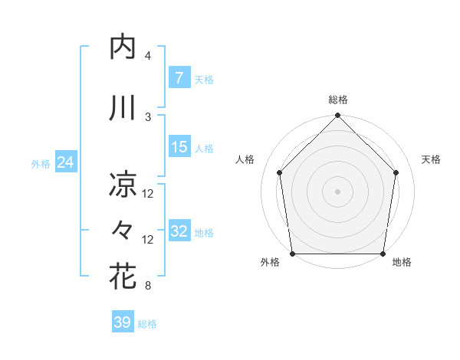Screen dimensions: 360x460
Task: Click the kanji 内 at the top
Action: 123,47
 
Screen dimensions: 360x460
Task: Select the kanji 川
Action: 123,108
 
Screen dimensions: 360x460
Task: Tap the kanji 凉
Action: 123,185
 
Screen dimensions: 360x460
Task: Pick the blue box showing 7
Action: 179,77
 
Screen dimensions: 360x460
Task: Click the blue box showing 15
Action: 179,148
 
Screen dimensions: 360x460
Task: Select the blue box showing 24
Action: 66,162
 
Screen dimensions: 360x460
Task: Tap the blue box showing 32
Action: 179,232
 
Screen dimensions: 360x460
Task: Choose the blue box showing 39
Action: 122,322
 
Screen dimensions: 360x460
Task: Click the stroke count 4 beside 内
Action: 148,56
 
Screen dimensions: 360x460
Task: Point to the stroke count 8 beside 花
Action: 148,286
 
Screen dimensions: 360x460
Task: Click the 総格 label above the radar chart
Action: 338,100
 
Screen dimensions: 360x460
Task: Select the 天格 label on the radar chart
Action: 432,159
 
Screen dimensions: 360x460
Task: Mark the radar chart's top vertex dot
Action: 338,116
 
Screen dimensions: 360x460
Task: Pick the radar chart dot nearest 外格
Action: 293,254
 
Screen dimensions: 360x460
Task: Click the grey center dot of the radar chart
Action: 338,191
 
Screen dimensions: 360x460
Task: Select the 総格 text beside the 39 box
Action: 147,324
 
